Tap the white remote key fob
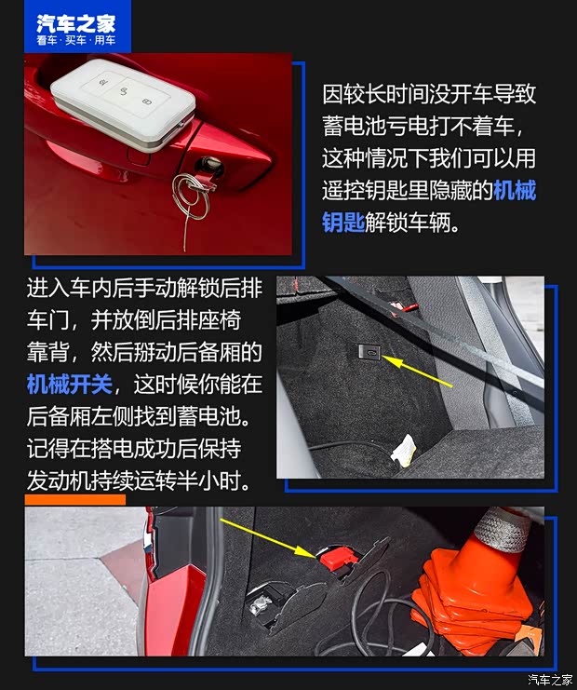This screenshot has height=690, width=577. (x=123, y=101)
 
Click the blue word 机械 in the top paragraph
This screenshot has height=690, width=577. (x=514, y=192)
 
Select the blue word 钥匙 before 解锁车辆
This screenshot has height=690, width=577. (x=343, y=224)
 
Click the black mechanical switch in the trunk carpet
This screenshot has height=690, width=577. (x=368, y=352)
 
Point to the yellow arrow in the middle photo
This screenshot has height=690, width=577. (x=419, y=372)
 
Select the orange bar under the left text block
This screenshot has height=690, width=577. (x=74, y=500)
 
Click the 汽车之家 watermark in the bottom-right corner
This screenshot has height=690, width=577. (x=549, y=679)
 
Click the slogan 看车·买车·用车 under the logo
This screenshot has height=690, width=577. (x=75, y=41)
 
